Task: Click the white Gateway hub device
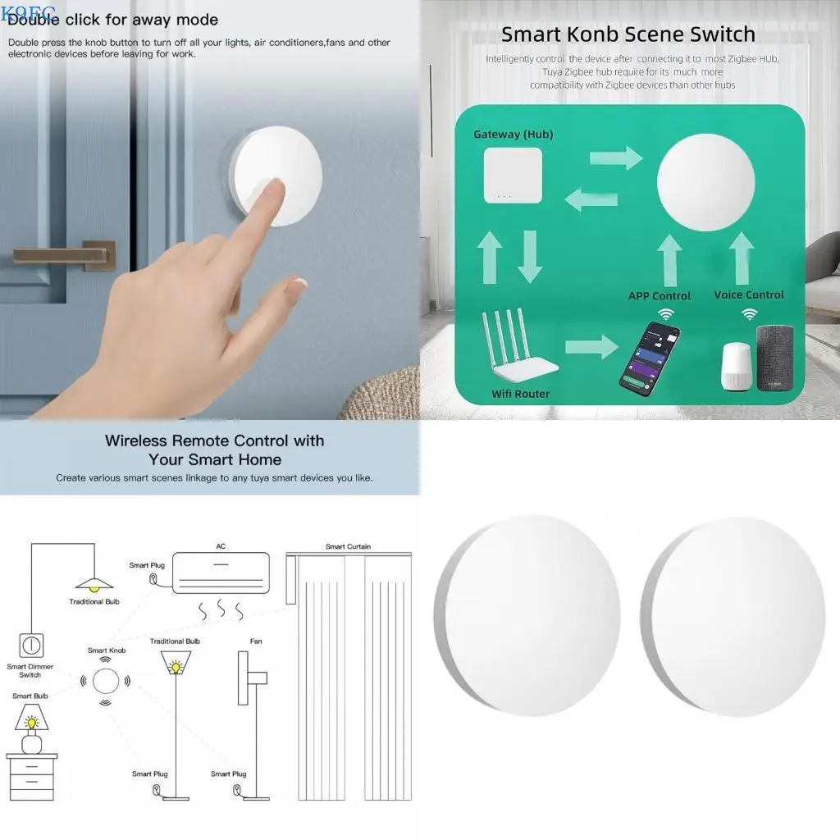[512, 175]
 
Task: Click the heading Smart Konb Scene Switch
[628, 34]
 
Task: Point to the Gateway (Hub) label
[514, 134]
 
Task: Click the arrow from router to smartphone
[591, 347]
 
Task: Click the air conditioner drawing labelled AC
[221, 571]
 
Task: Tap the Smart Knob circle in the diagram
[105, 681]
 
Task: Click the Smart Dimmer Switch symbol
[30, 644]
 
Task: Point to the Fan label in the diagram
[256, 641]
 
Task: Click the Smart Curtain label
[348, 546]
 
